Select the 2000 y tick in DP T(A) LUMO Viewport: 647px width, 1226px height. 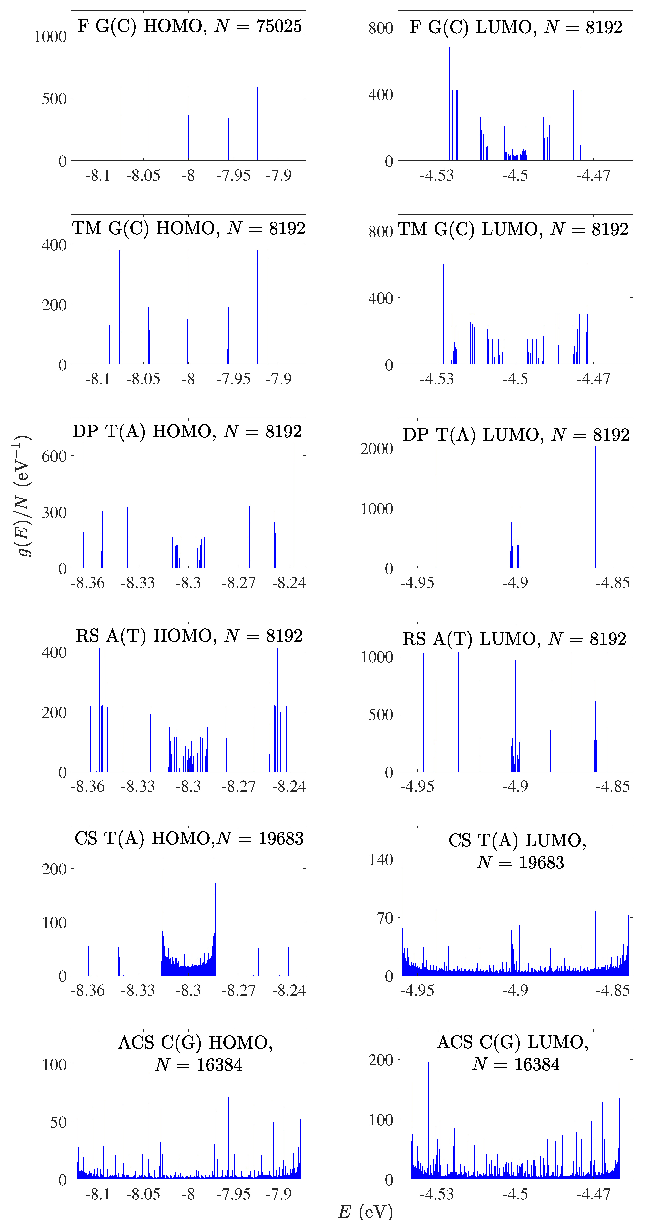(376, 449)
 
